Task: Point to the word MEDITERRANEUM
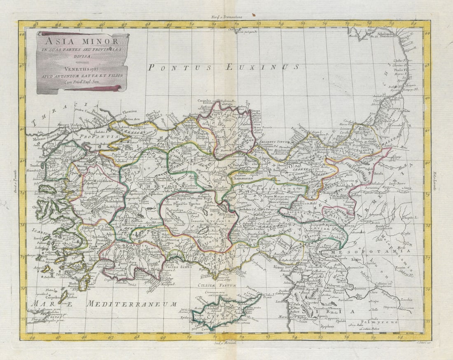(x=132, y=304)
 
